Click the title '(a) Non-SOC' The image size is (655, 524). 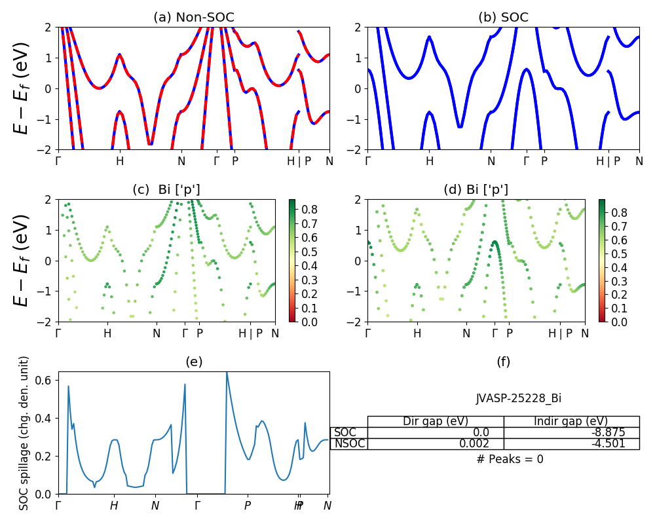coord(193,17)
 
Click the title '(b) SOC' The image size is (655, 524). coord(503,17)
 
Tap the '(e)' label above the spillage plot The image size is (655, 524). coord(193,362)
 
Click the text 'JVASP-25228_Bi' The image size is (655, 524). coord(518,398)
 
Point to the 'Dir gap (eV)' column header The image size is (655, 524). coord(435,421)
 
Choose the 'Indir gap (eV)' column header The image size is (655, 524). coord(571,421)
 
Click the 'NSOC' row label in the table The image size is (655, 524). coord(349,443)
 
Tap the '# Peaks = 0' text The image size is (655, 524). coord(510,459)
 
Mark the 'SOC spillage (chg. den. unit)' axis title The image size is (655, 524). coord(24,433)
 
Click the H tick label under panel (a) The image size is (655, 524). coord(119,160)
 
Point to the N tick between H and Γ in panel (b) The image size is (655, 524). coord(491,160)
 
